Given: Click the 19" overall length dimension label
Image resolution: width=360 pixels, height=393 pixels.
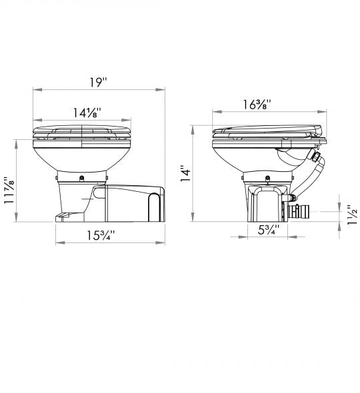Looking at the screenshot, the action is click(99, 82).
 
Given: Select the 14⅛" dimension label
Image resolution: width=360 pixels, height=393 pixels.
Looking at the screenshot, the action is click(87, 113).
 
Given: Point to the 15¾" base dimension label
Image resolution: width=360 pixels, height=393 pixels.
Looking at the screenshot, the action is click(101, 235).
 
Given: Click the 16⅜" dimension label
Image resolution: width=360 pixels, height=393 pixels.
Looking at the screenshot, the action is click(257, 105).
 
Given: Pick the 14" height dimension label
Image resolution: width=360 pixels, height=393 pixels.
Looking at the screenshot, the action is click(186, 173).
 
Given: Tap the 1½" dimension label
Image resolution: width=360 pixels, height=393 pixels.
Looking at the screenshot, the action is click(353, 214).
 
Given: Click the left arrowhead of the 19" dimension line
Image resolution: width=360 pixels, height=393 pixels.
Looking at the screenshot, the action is click(37, 89).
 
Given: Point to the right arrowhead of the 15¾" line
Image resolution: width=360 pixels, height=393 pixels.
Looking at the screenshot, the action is click(160, 242).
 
